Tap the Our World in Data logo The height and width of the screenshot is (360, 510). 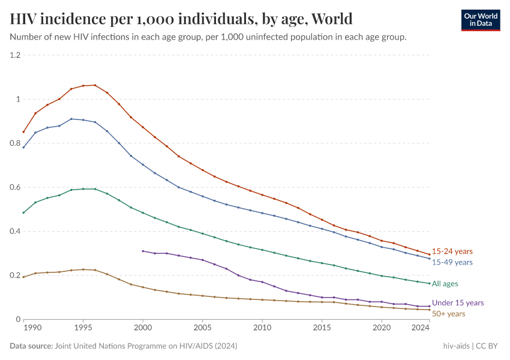(x=480, y=20)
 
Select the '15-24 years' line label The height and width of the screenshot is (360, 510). (x=452, y=251)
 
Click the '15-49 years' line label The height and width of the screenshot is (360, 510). (x=452, y=262)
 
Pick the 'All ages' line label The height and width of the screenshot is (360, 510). (x=446, y=283)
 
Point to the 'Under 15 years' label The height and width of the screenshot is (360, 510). (x=458, y=303)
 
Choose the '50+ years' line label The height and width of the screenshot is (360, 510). (x=448, y=313)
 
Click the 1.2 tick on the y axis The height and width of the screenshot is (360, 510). (x=15, y=55)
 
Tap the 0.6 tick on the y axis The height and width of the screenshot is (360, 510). (x=15, y=187)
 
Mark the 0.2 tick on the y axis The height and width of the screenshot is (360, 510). (x=15, y=275)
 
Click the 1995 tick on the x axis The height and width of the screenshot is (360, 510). (x=83, y=328)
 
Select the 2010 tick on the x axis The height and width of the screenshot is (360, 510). (x=262, y=328)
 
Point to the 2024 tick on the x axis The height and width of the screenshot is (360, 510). (x=421, y=328)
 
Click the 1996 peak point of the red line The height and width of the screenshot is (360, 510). (x=95, y=85)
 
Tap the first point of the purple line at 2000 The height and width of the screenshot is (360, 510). (x=143, y=251)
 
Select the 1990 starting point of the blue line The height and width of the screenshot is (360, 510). (x=23, y=147)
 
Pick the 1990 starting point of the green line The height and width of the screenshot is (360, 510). (x=23, y=212)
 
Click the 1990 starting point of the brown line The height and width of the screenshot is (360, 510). (x=23, y=277)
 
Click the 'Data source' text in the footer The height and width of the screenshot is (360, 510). (x=31, y=346)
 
